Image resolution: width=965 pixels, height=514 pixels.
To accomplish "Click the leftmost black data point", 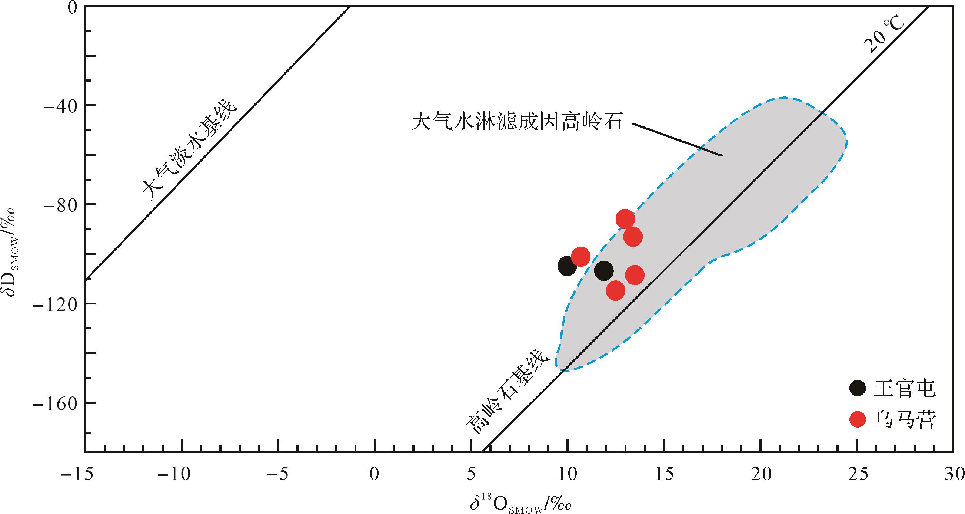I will (567, 266).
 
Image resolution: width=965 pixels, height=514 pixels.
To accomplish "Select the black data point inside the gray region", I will (603, 271).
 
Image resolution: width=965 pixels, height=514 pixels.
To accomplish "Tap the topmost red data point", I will (625, 219).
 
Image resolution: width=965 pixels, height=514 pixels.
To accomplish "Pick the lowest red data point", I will (615, 290).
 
